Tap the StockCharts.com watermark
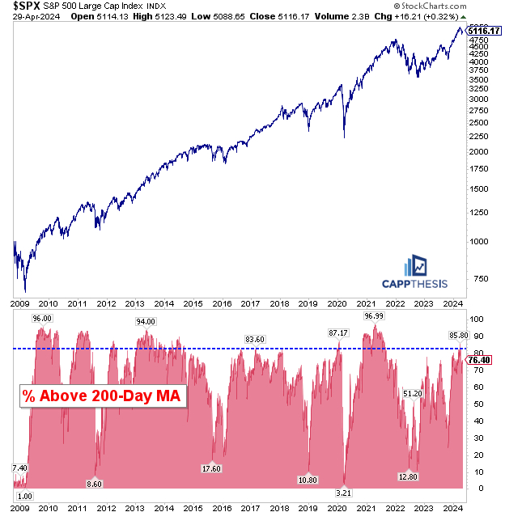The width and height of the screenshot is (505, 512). (x=462, y=6)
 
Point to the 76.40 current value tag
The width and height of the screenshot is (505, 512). (x=483, y=361)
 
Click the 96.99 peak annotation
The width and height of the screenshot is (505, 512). (x=374, y=316)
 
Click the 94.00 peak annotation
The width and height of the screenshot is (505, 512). (x=146, y=321)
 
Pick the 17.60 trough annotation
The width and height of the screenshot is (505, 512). (x=211, y=468)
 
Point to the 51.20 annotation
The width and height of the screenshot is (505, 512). (x=413, y=393)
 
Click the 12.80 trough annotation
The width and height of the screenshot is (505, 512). (x=409, y=476)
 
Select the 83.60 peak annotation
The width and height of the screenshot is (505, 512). (x=255, y=339)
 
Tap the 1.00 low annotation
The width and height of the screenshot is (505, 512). (x=24, y=496)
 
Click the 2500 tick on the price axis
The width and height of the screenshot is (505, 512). (x=481, y=125)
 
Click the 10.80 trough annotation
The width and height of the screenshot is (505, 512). (x=308, y=479)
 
